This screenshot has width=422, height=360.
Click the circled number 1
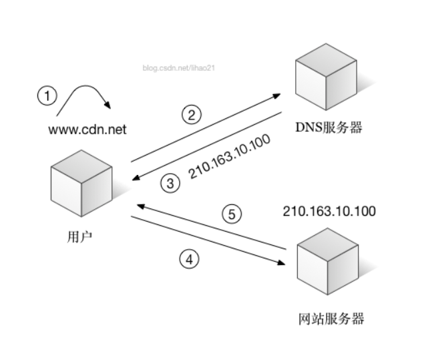47,96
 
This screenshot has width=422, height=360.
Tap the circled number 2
192,115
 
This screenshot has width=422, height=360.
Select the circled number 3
172,183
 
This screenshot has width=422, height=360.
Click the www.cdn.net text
87,128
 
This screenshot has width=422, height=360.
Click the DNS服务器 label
329,127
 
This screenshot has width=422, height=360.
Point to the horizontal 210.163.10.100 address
329,211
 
